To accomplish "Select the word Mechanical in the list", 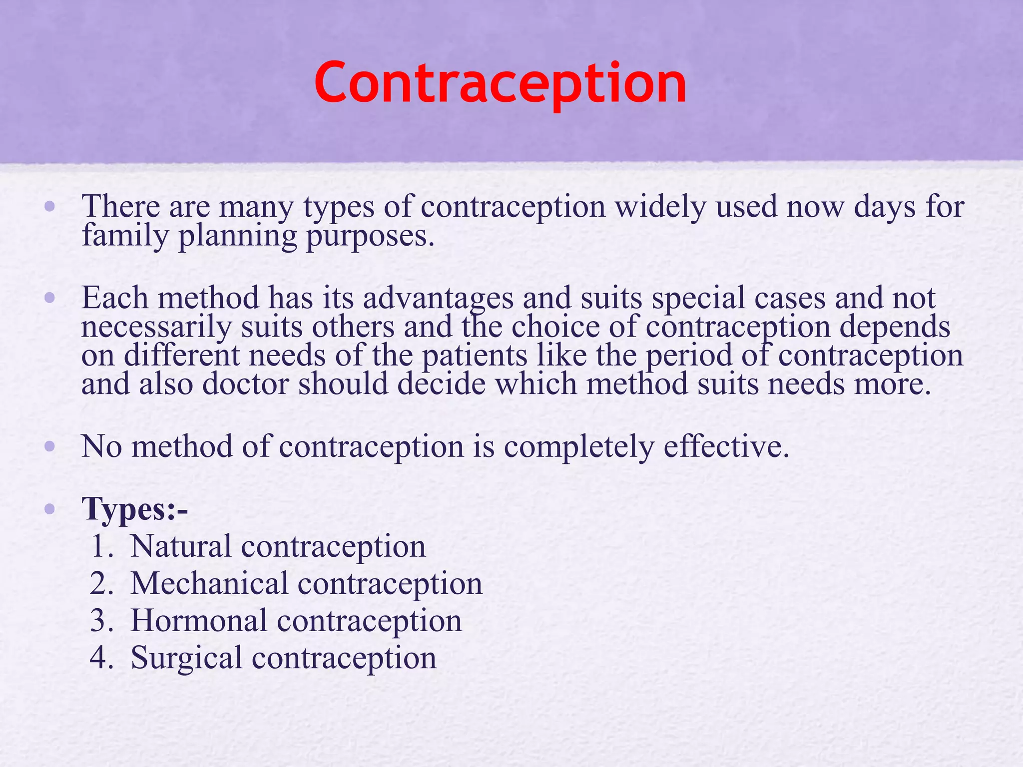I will pos(209,583).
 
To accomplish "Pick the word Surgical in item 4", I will pos(186,658).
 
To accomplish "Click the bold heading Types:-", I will pos(135,510).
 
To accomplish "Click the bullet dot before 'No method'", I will pos(49,446).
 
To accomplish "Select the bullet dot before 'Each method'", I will pos(49,298).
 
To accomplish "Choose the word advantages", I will pos(438,298).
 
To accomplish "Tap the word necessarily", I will pos(156,328).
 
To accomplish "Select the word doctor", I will pos(245,384).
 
